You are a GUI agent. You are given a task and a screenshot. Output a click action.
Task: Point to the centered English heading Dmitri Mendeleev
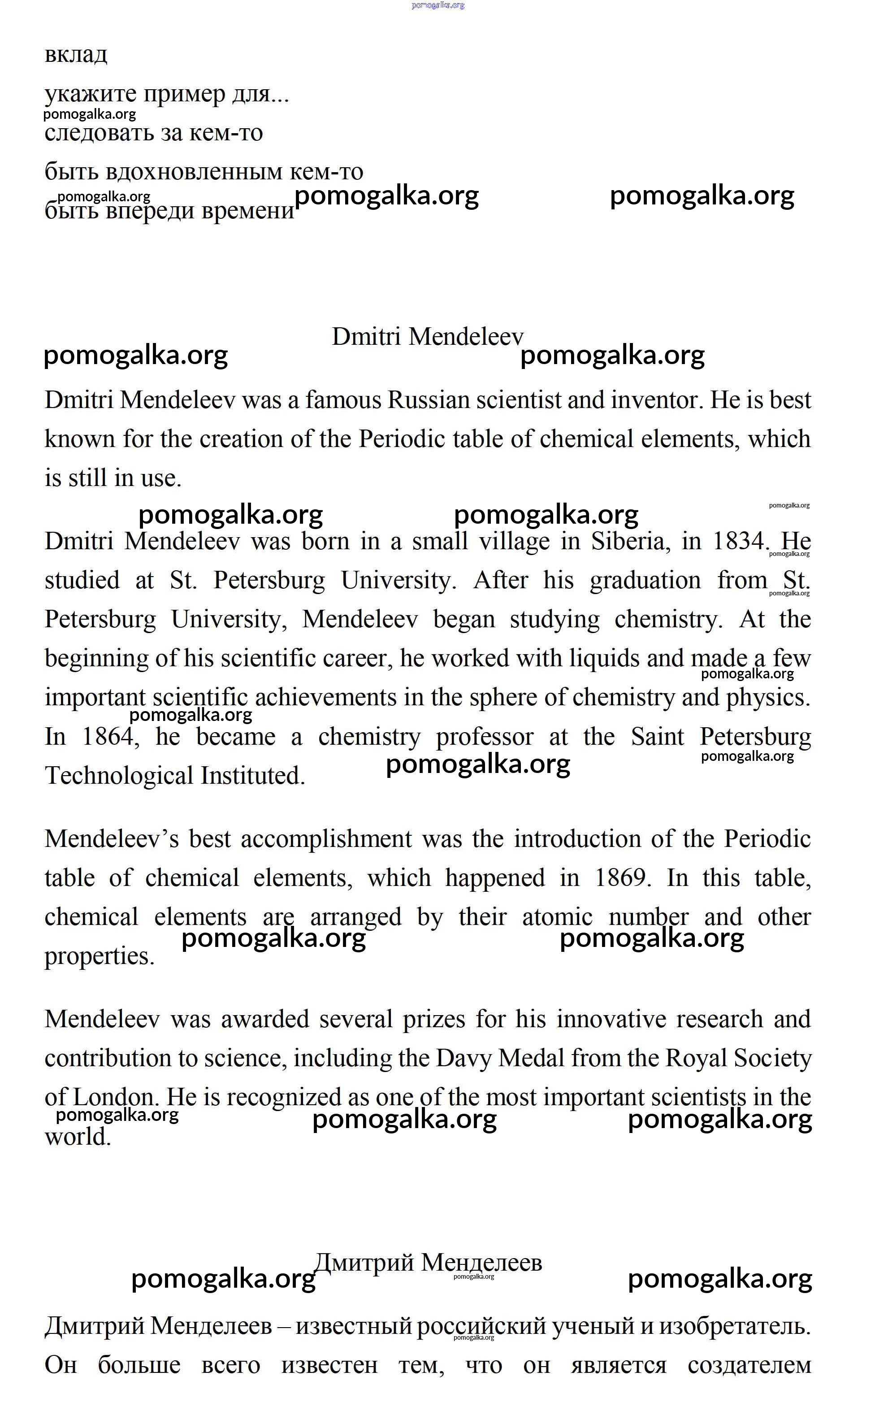point(427,336)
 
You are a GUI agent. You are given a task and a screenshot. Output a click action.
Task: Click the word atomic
point(557,917)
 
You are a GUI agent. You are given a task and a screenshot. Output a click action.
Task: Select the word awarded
point(265,1019)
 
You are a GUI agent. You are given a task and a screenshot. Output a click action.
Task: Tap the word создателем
point(749,1365)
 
